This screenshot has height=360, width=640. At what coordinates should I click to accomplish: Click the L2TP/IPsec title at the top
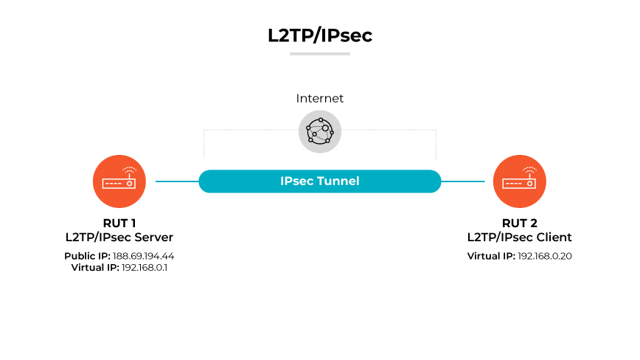click(319, 35)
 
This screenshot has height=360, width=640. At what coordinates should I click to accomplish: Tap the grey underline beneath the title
click(319, 53)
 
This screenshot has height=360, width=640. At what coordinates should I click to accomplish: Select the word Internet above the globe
click(319, 98)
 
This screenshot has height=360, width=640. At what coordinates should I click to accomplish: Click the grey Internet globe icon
click(320, 134)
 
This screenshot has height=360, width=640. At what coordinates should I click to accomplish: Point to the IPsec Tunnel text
click(320, 181)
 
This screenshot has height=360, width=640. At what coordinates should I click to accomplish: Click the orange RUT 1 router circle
click(119, 181)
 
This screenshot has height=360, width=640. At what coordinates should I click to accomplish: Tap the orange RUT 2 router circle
click(519, 181)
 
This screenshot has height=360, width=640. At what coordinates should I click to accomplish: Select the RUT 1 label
click(119, 223)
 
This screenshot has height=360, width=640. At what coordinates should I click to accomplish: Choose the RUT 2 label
click(519, 223)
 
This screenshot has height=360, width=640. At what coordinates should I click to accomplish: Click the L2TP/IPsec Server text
click(119, 237)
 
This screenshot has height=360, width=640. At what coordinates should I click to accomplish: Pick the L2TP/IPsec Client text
click(519, 237)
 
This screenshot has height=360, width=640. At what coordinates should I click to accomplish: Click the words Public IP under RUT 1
click(86, 256)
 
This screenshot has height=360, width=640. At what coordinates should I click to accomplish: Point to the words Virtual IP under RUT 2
click(490, 256)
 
